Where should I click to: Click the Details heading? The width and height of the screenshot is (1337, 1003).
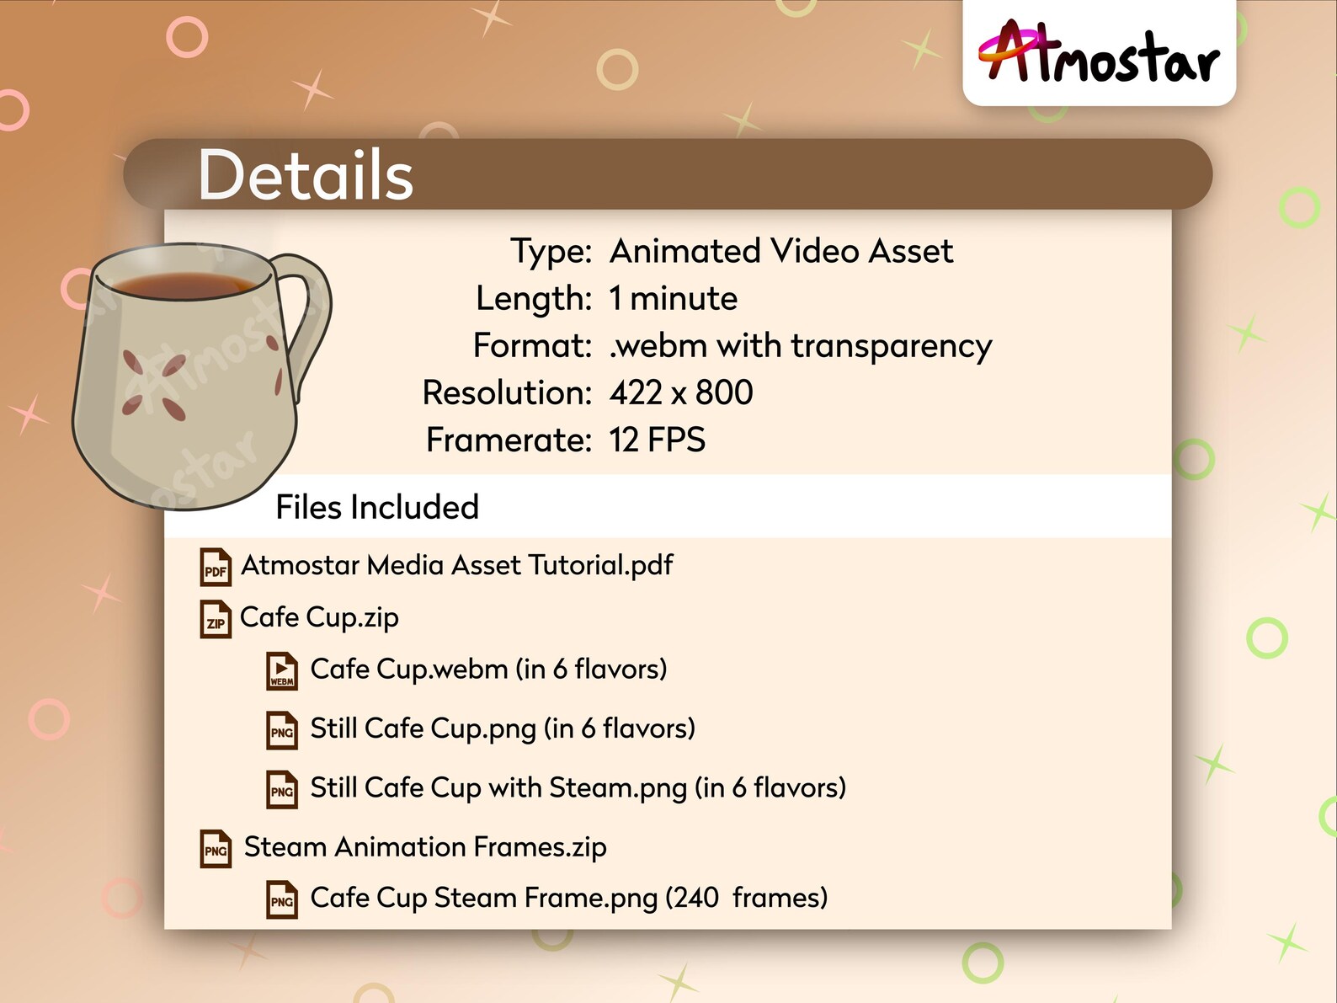tap(305, 175)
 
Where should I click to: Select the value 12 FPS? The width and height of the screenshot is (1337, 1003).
tap(657, 440)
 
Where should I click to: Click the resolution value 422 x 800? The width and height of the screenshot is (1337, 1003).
tap(681, 392)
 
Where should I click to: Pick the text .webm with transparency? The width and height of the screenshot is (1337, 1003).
tap(800, 346)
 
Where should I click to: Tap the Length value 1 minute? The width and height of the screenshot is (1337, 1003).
tap(673, 299)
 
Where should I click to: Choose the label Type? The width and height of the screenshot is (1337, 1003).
tap(551, 251)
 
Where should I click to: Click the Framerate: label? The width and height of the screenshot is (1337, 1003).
tap(509, 440)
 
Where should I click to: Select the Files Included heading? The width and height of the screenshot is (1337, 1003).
tap(377, 507)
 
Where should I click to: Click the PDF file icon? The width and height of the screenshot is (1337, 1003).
tap(216, 568)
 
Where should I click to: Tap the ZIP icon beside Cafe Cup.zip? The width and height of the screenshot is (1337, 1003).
tap(216, 620)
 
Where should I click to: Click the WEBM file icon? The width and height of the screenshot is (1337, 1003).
tap(282, 671)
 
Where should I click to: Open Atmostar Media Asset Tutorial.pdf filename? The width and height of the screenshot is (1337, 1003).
tap(457, 565)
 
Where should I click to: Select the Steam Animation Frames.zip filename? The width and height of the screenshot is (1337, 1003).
tap(425, 846)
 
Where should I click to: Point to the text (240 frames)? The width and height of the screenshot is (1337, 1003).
tap(746, 898)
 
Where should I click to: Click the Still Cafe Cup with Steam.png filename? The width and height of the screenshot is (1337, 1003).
tap(498, 788)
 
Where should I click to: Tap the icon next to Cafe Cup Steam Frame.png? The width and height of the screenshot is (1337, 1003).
tap(282, 899)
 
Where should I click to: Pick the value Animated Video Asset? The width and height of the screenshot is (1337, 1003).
tap(781, 251)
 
